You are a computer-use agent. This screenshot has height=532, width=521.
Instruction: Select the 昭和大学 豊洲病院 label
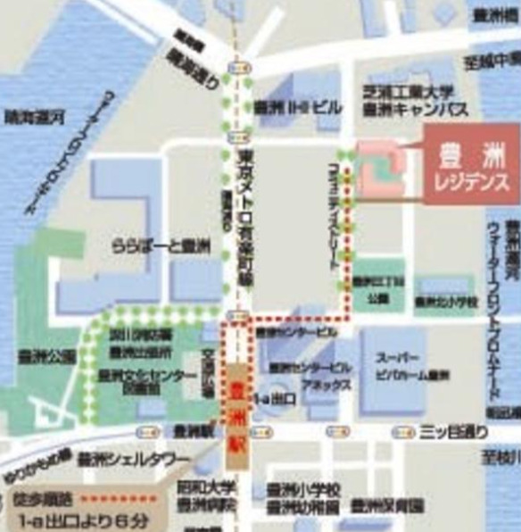211,497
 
